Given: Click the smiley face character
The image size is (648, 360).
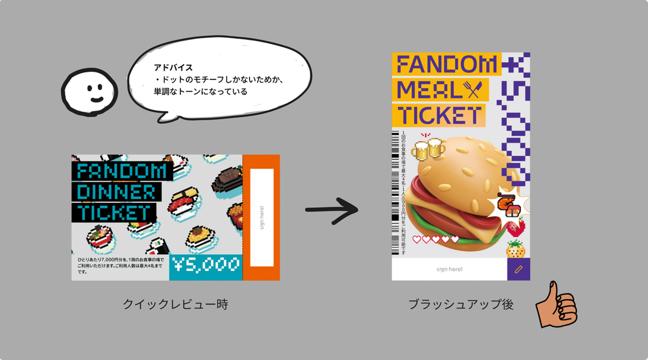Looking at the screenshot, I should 90,92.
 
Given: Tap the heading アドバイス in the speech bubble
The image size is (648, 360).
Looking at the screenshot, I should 173,68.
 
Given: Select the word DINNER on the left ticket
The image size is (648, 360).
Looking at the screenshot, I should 117,192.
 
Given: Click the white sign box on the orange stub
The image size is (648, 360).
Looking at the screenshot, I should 262,217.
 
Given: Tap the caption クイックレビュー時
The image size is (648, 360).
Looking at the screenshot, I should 175,305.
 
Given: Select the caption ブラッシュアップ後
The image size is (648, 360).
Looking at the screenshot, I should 461,305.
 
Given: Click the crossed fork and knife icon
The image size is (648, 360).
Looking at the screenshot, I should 475,90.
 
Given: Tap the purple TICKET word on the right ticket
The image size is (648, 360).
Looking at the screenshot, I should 439,115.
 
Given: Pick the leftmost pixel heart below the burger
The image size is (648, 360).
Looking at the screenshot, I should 417,239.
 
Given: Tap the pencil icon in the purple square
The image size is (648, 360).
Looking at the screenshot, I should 518,269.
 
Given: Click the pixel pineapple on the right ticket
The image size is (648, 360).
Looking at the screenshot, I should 515,249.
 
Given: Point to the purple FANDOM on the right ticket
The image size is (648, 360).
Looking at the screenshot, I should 446,64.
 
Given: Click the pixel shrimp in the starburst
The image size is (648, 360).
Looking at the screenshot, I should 509,205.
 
